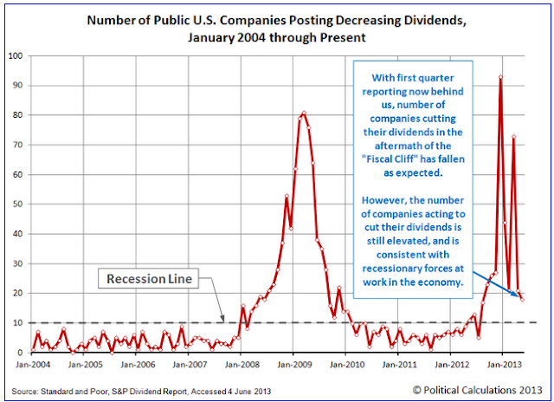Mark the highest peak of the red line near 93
[501, 77]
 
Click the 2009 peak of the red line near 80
[304, 113]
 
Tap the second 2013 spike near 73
[514, 137]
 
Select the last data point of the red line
[523, 300]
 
